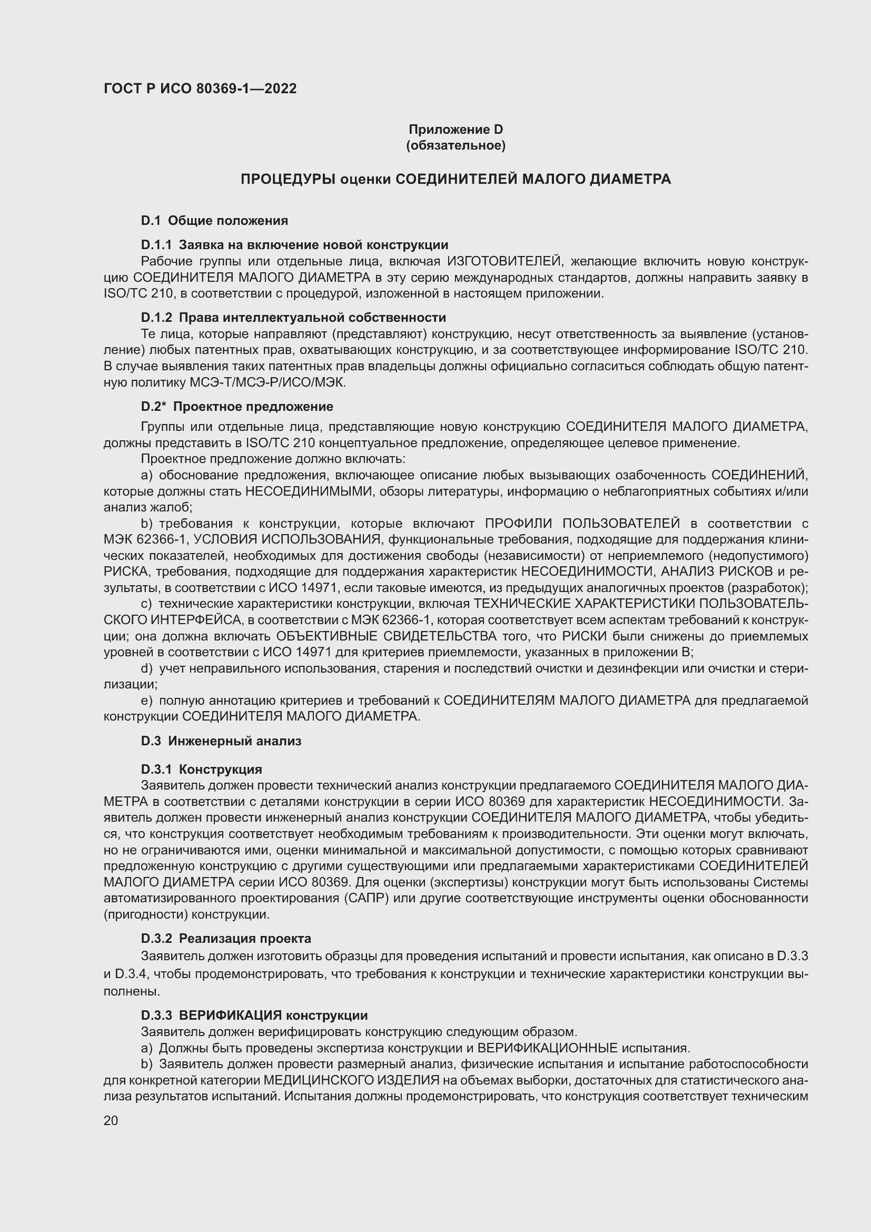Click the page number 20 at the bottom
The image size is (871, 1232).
pos(111,1120)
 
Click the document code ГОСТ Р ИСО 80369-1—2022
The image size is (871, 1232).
pos(200,88)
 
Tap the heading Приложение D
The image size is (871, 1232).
pos(456,130)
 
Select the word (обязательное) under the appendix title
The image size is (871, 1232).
pos(456,145)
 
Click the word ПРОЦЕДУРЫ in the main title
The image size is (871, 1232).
pos(288,179)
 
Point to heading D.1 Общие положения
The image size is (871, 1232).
pos(214,221)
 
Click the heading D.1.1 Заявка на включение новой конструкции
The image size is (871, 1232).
pos(294,245)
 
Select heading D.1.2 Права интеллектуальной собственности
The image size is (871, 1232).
pos(293,318)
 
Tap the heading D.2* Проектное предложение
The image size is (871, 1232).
pos(237,407)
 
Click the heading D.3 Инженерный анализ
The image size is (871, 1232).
pos(221,741)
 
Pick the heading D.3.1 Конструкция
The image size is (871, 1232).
pos(202,770)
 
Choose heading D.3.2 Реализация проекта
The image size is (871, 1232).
pos(226,939)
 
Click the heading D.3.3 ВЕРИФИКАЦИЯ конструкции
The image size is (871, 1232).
pos(254,1015)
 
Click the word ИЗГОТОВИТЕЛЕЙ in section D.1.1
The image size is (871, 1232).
pos(504,262)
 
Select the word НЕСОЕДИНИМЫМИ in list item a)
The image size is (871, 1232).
pos(309,491)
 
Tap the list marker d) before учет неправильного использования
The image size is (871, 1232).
pos(146,669)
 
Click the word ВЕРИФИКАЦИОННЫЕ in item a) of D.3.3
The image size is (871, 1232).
pos(548,1048)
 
